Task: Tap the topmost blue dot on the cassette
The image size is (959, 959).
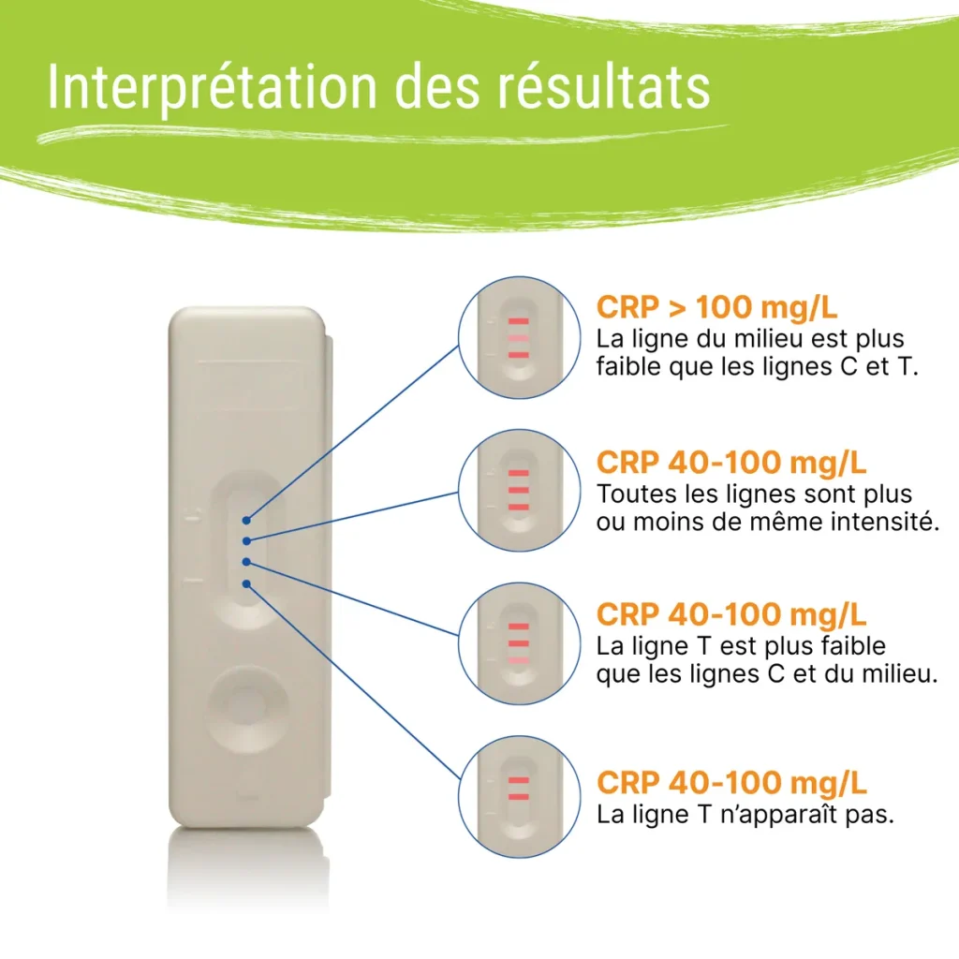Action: (x=245, y=519)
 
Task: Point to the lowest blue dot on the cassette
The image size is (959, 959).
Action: (x=245, y=583)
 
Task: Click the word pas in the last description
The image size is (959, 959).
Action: (x=874, y=815)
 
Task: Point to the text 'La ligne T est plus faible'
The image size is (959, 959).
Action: (x=741, y=646)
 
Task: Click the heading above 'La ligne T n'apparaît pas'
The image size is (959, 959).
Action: (x=730, y=782)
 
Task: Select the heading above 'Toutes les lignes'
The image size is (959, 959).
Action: (x=730, y=463)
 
